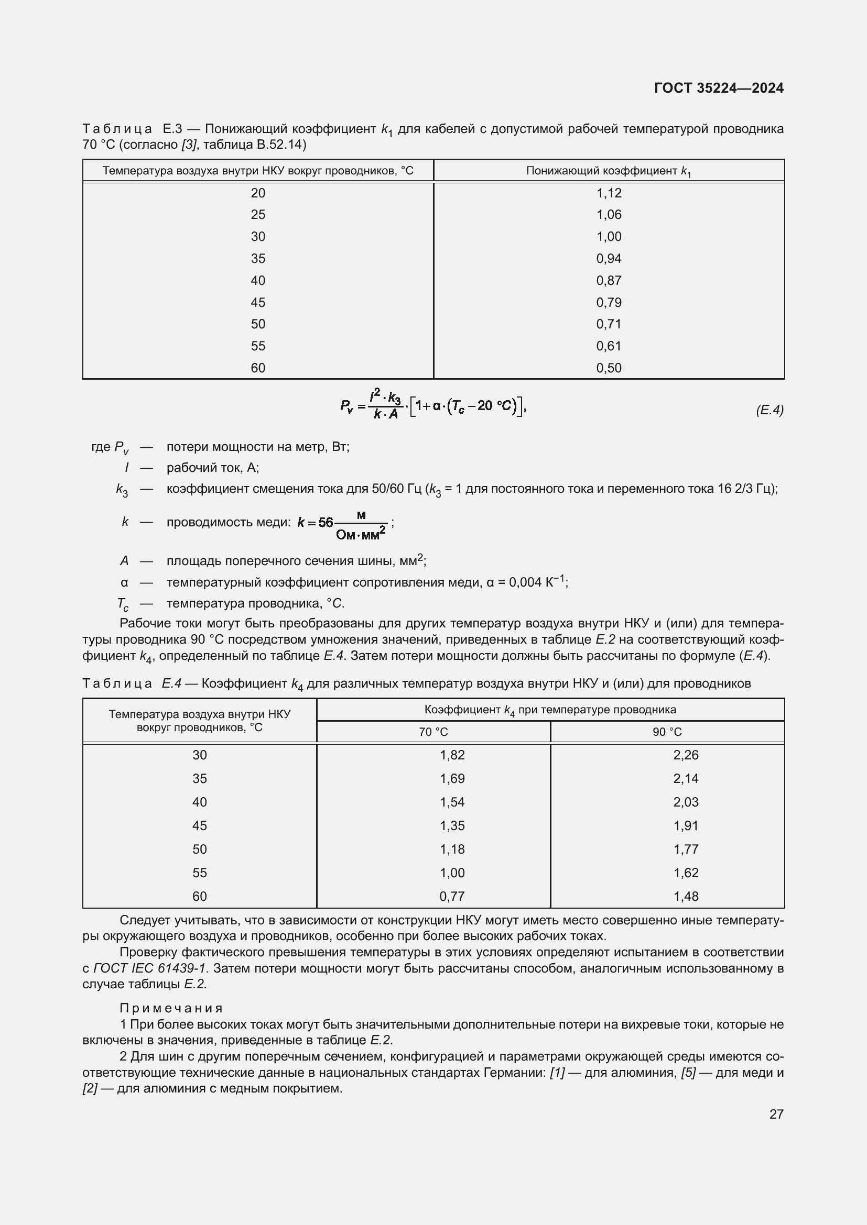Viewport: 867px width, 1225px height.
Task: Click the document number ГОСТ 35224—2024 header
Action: point(719,89)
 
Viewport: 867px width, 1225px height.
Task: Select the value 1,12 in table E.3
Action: point(609,193)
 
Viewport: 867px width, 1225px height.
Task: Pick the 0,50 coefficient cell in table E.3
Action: point(609,368)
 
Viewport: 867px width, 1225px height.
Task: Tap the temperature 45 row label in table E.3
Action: point(258,303)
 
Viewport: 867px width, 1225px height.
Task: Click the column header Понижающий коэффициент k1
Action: point(609,171)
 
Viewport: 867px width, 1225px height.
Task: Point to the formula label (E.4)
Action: point(770,410)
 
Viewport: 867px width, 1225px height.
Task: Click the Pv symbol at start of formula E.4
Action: point(346,406)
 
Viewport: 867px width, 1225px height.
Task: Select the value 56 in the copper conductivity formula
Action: point(326,522)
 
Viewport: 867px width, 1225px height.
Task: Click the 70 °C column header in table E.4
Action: point(433,732)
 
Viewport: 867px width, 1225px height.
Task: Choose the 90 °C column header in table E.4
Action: point(667,732)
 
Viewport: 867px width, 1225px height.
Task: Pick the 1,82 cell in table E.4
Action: point(452,755)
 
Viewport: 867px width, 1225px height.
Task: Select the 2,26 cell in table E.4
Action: point(686,755)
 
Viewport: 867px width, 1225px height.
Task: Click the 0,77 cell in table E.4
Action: point(452,896)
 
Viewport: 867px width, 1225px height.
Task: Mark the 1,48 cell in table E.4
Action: point(686,896)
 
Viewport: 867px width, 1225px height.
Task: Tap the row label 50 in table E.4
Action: point(200,849)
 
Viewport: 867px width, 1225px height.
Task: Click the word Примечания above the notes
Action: point(171,1008)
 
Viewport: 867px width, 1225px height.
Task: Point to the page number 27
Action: point(776,1114)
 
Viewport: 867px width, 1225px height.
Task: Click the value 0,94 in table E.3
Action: point(609,259)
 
